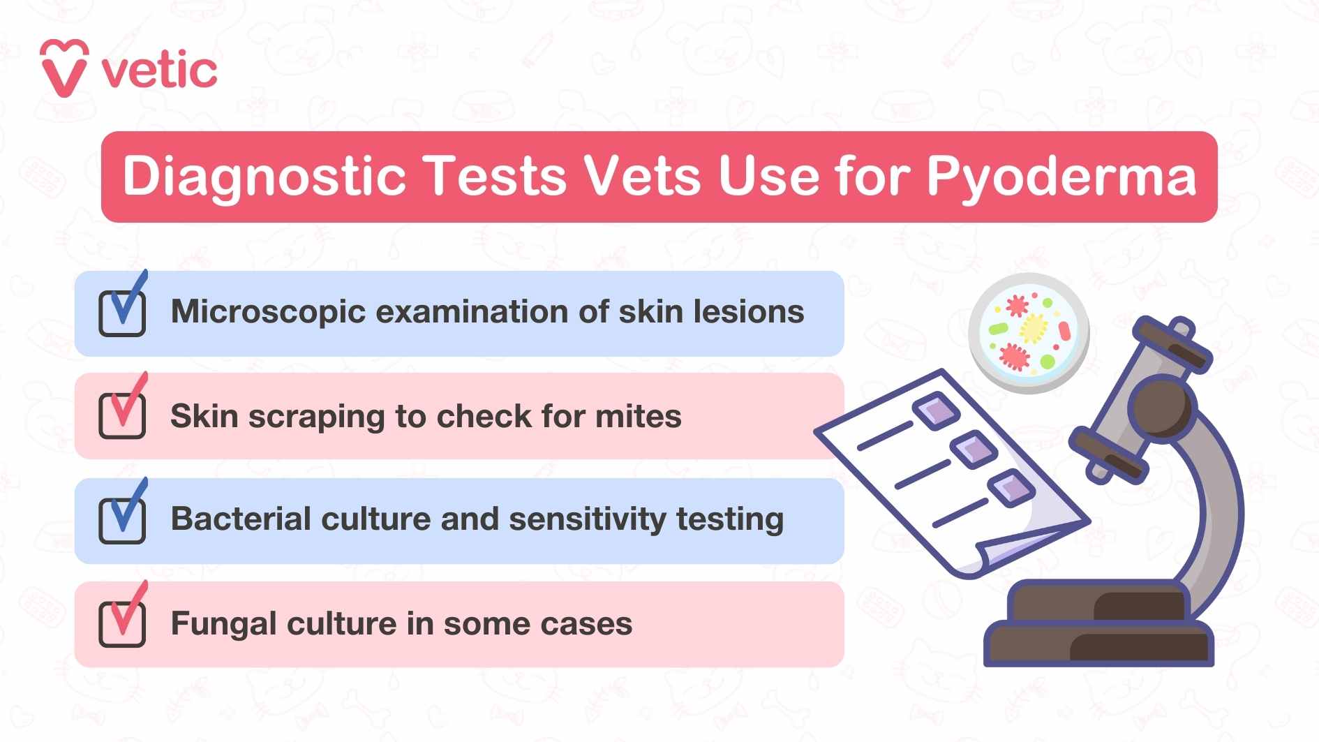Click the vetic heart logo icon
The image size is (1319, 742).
(64, 68)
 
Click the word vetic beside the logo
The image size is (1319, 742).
(160, 71)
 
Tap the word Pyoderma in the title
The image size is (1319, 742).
(1061, 176)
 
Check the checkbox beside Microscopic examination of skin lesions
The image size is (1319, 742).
(122, 313)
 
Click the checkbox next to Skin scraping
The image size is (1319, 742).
(122, 416)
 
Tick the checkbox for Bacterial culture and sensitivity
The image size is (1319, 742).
(122, 521)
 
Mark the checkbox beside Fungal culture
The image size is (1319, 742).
(122, 624)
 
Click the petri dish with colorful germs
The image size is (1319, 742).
(1028, 334)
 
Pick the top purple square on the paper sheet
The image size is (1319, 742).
(935, 410)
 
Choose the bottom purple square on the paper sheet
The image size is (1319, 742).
(1011, 487)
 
